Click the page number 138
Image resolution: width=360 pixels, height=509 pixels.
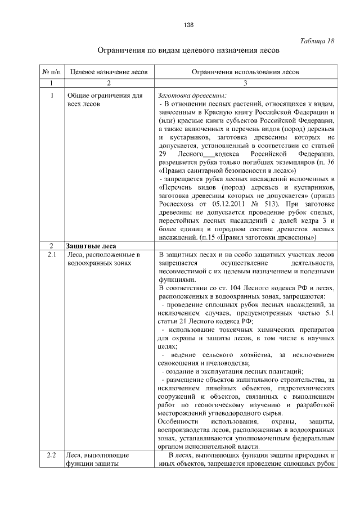click(x=188, y=24)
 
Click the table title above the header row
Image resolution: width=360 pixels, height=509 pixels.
click(x=188, y=51)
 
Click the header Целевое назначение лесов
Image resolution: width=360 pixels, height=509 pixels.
click(x=109, y=73)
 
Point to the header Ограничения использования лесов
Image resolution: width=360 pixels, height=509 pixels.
click(x=245, y=73)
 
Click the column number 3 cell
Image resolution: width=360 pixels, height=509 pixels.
click(x=245, y=83)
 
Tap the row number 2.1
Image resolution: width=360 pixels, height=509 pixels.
click(x=51, y=255)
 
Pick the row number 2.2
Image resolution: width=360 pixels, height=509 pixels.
click(x=51, y=454)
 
